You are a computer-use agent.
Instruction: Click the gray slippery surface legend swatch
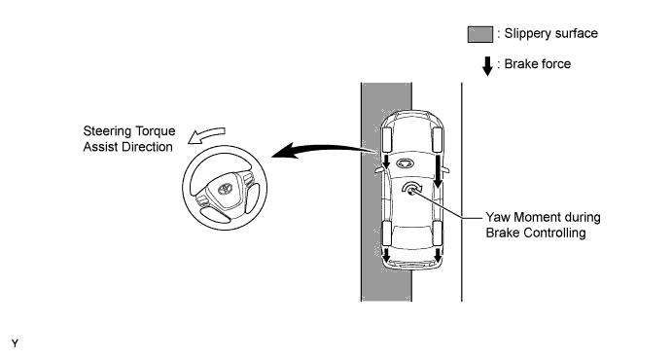(480, 34)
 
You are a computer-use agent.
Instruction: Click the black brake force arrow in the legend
(487, 66)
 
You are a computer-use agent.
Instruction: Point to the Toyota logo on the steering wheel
(224, 189)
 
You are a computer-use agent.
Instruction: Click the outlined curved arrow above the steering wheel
(206, 134)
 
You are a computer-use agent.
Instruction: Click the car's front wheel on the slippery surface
(386, 140)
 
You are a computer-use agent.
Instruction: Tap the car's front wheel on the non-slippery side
(438, 140)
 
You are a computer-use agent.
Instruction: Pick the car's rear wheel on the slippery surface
(386, 234)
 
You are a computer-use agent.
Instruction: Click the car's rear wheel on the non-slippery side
(438, 234)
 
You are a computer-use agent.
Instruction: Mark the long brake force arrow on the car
(438, 171)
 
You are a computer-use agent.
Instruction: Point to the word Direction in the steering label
(145, 147)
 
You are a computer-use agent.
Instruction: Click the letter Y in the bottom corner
(15, 343)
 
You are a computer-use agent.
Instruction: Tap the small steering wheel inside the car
(404, 162)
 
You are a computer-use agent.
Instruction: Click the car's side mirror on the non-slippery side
(445, 170)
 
